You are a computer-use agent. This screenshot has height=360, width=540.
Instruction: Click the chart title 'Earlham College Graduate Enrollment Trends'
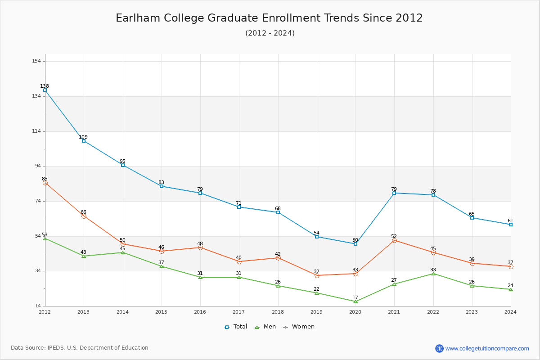(x=269, y=18)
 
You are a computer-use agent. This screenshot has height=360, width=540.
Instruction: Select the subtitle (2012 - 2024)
(x=270, y=33)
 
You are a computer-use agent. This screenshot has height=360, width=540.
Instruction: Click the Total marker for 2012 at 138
(x=45, y=90)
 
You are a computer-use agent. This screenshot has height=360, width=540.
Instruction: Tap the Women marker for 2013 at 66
(x=84, y=216)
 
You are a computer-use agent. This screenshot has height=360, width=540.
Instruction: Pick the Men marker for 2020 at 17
(x=355, y=301)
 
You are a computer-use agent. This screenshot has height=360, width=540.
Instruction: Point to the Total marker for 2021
(x=394, y=193)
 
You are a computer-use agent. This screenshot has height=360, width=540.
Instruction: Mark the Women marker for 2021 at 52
(x=394, y=240)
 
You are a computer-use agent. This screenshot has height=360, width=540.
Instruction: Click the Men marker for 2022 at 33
(x=433, y=274)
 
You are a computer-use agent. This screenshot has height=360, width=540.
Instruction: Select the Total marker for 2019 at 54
(x=317, y=237)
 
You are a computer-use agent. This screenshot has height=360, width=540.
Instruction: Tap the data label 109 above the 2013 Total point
(x=83, y=137)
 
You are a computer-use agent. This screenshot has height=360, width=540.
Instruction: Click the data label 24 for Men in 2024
(x=510, y=285)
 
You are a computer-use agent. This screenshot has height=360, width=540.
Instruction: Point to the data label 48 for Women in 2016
(x=200, y=243)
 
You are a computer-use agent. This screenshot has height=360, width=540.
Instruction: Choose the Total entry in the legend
(x=236, y=327)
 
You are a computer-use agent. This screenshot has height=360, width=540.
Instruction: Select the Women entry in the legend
(x=299, y=327)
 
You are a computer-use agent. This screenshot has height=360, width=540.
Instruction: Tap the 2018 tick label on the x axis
(x=278, y=311)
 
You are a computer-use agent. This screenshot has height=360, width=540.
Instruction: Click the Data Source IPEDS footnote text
(x=80, y=348)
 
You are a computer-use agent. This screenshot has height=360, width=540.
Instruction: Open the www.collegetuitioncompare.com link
(x=487, y=348)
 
